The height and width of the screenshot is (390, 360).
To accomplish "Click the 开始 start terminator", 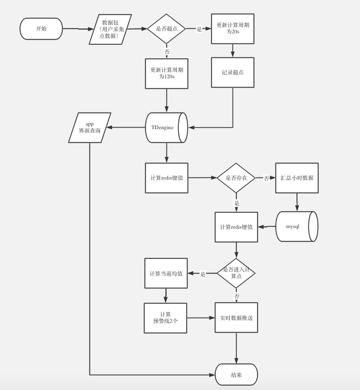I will click(x=41, y=29).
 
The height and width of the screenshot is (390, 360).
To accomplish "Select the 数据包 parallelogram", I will click(x=110, y=29).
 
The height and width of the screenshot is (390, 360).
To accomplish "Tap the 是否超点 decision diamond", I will click(x=167, y=29).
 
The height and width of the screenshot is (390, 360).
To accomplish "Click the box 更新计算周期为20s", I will click(x=233, y=29).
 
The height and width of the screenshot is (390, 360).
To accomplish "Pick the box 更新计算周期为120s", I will click(x=167, y=73).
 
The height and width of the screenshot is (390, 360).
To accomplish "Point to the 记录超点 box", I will click(x=233, y=72).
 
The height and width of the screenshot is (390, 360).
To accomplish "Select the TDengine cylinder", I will click(x=165, y=127).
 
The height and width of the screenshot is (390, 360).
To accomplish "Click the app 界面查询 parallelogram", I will click(x=90, y=127).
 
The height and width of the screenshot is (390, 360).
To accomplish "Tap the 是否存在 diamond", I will click(x=236, y=178).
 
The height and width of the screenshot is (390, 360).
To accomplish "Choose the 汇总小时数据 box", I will click(x=297, y=178).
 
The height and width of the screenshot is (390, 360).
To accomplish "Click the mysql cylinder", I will click(x=296, y=226).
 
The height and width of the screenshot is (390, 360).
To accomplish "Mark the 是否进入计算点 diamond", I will click(x=236, y=273).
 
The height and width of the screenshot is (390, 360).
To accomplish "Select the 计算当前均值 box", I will click(x=166, y=274).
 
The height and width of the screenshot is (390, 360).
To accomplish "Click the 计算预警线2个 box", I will click(x=165, y=318).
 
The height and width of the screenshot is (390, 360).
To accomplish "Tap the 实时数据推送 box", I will click(x=236, y=318).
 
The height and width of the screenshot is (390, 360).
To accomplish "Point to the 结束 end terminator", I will click(x=236, y=375).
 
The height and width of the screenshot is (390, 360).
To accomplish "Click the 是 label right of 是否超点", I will click(x=199, y=29).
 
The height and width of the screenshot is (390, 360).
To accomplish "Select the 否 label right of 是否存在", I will click(x=267, y=178).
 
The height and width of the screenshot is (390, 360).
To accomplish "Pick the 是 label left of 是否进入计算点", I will click(x=202, y=274).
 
